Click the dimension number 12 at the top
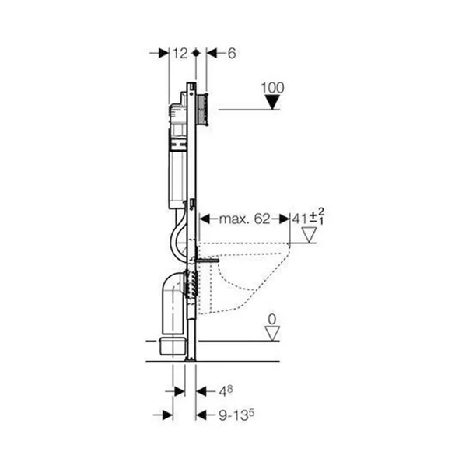pyautogui.click(x=180, y=54)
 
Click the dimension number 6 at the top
pyautogui.click(x=232, y=54)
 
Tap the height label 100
pyautogui.click(x=272, y=88)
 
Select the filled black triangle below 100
pyautogui.click(x=272, y=102)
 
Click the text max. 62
pyautogui.click(x=245, y=219)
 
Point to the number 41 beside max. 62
pyautogui.click(x=300, y=219)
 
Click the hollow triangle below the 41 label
pyautogui.click(x=309, y=235)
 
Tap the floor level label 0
pyautogui.click(x=272, y=320)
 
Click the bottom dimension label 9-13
pyautogui.click(x=236, y=415)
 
